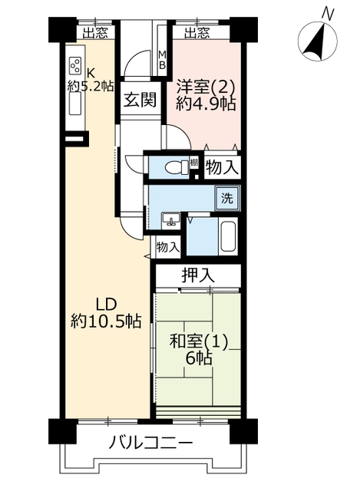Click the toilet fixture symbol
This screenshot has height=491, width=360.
click(x=176, y=166)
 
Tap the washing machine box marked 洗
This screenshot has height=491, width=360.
click(x=227, y=198)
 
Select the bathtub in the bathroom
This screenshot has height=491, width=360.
click(x=228, y=236)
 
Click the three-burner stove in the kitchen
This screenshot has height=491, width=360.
click(x=75, y=66)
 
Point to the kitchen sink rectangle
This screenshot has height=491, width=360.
click(x=75, y=104)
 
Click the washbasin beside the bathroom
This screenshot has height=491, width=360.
click(x=171, y=220)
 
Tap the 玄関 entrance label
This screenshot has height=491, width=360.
click(x=140, y=100)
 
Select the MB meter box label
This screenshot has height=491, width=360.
click(x=162, y=60)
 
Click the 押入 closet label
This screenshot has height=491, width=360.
click(x=198, y=275)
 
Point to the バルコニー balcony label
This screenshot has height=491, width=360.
click(x=150, y=443)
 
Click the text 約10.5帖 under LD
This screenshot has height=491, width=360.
click(x=106, y=321)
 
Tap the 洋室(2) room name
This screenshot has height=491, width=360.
click(x=206, y=87)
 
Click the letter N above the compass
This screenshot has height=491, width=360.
click(x=328, y=14)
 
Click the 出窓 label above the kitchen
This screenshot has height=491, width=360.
click(x=95, y=32)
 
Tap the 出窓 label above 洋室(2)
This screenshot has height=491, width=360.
click(x=197, y=32)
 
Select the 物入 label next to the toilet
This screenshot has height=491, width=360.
click(x=222, y=167)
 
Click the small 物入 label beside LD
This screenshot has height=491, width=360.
click(x=168, y=247)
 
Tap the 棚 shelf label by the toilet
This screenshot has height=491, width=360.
click(x=194, y=163)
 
